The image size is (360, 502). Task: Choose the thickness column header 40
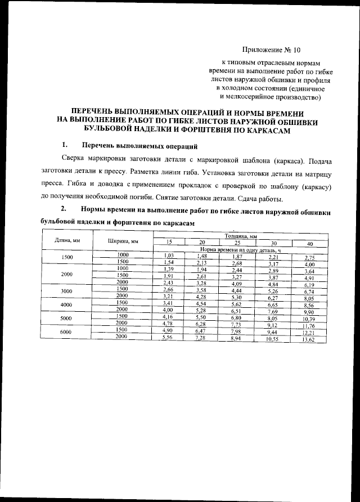point(309,244)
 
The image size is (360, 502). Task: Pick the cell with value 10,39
point(309,319)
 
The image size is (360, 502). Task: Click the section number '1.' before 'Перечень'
point(66,145)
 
